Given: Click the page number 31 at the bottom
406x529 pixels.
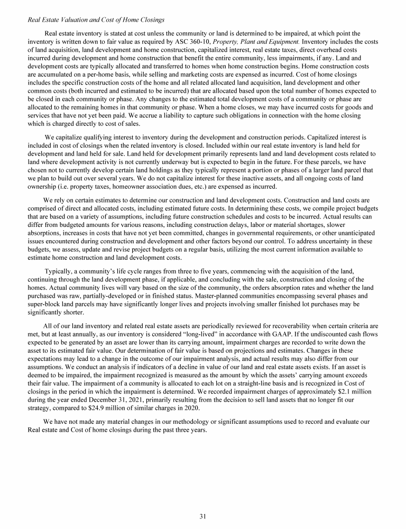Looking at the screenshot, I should tap(202, 517).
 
